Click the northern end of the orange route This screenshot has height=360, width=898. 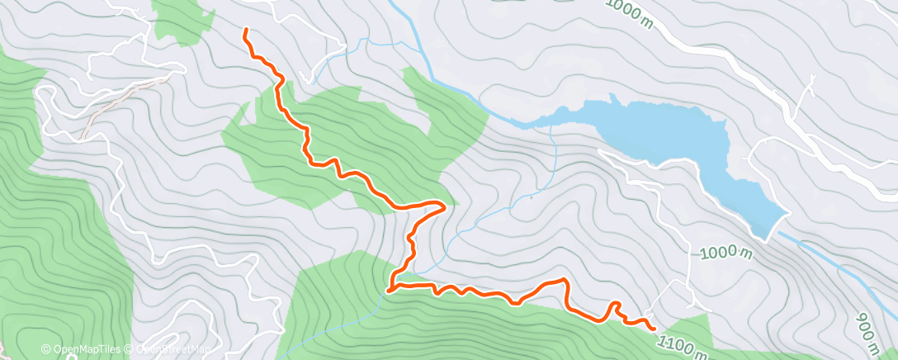coord(245,31)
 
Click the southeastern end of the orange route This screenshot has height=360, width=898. coord(655,329)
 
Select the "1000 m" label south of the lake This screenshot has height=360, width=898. coord(726,253)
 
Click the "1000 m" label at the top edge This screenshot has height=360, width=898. coord(631,13)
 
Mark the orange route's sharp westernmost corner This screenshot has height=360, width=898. coord(388,289)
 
